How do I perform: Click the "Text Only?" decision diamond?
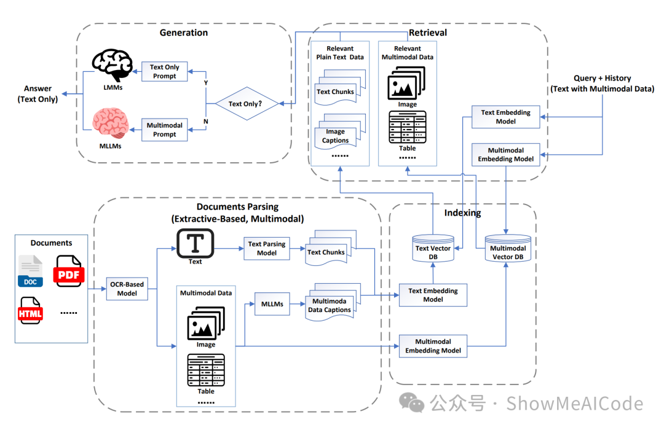pyautogui.click(x=245, y=104)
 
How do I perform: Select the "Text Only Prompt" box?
pyautogui.click(x=164, y=72)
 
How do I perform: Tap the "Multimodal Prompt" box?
pyautogui.click(x=164, y=130)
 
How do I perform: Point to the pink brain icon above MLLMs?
pyautogui.click(x=111, y=123)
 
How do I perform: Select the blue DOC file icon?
pyautogui.click(x=30, y=272)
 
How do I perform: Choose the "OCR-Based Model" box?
pyautogui.click(x=127, y=289)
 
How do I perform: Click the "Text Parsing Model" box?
pyautogui.click(x=267, y=248)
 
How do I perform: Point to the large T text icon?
pyautogui.click(x=195, y=243)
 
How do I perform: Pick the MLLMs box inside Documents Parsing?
pyautogui.click(x=272, y=303)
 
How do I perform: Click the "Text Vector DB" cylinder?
pyautogui.click(x=433, y=251)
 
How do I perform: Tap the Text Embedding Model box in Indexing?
pyautogui.click(x=433, y=295)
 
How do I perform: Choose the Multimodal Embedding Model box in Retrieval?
pyautogui.click(x=506, y=154)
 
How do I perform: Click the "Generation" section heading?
pyautogui.click(x=183, y=33)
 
